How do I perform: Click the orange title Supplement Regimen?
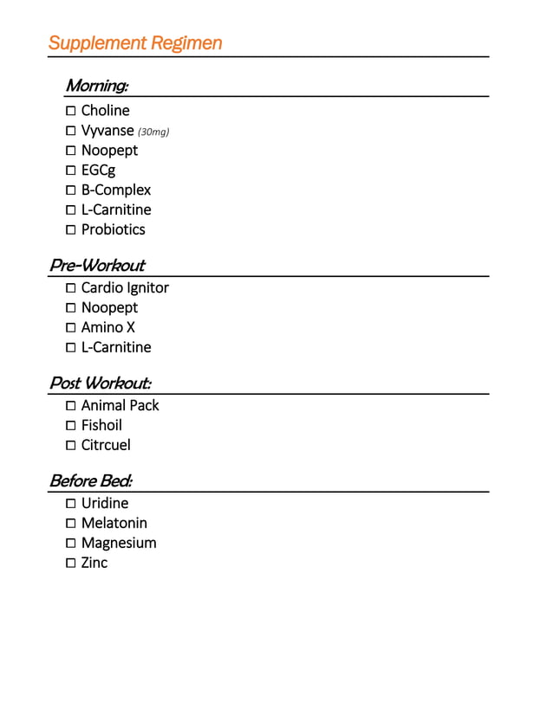point(135,43)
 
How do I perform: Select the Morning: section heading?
point(97,86)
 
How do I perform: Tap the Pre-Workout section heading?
point(97,266)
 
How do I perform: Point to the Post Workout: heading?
point(101,383)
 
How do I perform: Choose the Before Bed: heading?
point(91,480)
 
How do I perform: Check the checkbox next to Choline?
point(70,111)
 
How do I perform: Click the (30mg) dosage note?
point(153,132)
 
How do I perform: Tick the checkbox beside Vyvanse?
point(70,131)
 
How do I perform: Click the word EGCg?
point(98,171)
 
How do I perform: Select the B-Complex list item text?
point(116,190)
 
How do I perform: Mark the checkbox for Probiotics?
point(70,230)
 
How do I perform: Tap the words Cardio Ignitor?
point(125,288)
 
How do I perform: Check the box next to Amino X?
point(70,328)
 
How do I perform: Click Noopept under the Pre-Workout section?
point(109,308)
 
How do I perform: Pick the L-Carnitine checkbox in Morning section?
point(70,210)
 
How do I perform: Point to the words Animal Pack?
point(120,405)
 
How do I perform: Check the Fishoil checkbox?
point(70,426)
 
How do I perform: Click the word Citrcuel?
point(106,445)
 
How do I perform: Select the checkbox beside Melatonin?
point(70,524)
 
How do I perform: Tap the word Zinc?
point(94,563)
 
